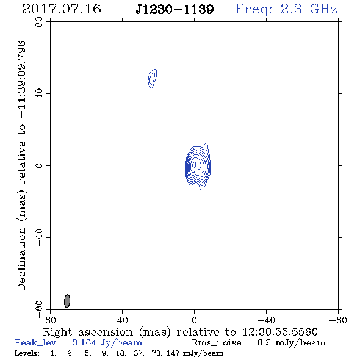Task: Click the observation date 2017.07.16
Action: point(62,9)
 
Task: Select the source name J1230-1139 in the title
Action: point(175,10)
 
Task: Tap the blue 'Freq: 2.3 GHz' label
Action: point(286,9)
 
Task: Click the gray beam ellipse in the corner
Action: point(67,301)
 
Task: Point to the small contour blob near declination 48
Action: point(152,79)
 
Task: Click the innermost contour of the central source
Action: point(194,164)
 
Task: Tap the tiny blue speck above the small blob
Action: point(101,57)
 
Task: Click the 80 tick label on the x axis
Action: point(50,320)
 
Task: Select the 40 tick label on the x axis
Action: point(122,320)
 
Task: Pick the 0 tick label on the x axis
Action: point(194,320)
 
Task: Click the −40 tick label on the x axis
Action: point(266,320)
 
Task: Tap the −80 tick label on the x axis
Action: point(338,320)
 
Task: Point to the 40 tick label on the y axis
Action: point(39,94)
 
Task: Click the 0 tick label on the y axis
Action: point(39,165)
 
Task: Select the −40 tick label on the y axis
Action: point(39,237)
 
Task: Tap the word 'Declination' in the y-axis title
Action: point(21,259)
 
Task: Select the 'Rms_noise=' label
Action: point(220,343)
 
